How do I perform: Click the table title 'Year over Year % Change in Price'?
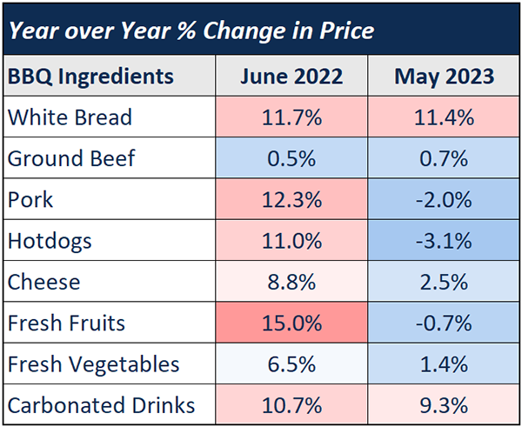click(x=190, y=31)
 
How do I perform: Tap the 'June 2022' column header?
click(x=291, y=77)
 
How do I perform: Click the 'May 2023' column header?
click(x=444, y=77)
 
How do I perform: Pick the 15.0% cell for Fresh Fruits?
click(x=291, y=324)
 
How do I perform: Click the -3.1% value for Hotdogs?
click(x=444, y=241)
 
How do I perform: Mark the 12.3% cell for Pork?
click(x=291, y=200)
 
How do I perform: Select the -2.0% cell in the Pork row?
click(x=444, y=200)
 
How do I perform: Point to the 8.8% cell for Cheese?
click(x=291, y=282)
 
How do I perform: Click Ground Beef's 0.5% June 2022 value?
click(x=291, y=158)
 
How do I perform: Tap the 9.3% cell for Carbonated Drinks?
click(x=444, y=405)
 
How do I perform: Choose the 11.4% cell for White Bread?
click(x=444, y=117)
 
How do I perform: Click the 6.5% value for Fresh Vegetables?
click(x=291, y=364)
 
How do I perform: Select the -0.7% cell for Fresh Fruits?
click(x=444, y=324)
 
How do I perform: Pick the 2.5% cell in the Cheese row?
click(x=444, y=282)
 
